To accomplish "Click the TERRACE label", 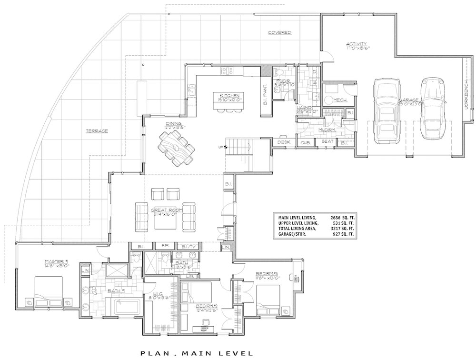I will pyautogui.click(x=97, y=131).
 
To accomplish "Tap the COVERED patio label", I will pyautogui.click(x=279, y=33).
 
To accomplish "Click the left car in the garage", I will pyautogui.click(x=386, y=110).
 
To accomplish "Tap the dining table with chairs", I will pyautogui.click(x=177, y=148).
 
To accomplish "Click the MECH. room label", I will pyautogui.click(x=339, y=100).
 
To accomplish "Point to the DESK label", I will pyautogui.click(x=284, y=142).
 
